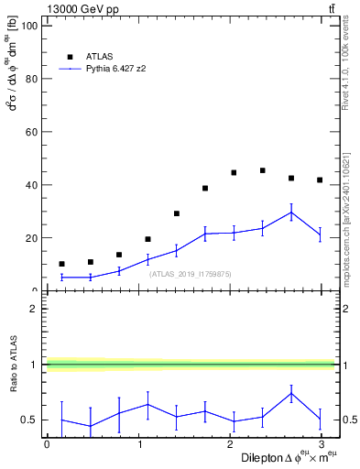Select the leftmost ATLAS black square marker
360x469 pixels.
(61, 264)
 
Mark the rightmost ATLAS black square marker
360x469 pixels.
(320, 180)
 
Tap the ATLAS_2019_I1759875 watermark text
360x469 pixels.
(191, 274)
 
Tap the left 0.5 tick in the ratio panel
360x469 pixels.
(32, 420)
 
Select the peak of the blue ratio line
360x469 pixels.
(291, 394)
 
